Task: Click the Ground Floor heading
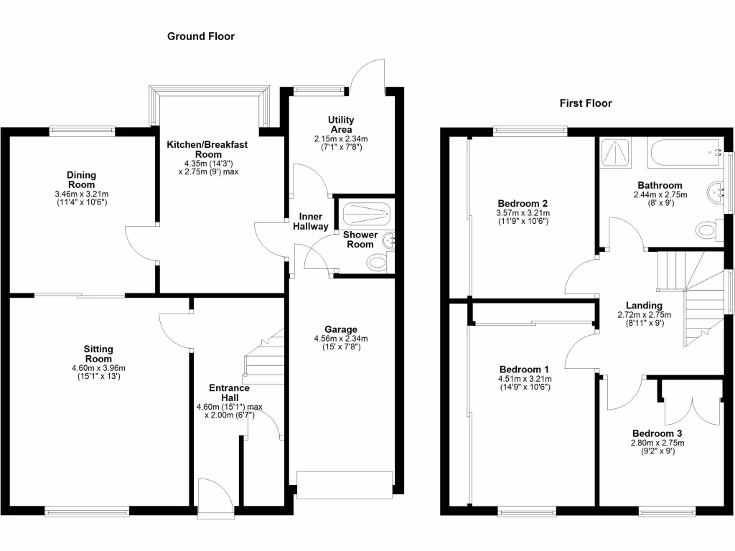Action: [x=201, y=36]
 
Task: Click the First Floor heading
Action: [x=586, y=103]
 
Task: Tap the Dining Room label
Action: [x=81, y=180]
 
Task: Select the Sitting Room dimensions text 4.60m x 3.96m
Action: [x=98, y=368]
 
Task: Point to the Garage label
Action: [x=340, y=330]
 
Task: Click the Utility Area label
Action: [x=341, y=124]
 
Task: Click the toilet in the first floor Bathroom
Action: [x=706, y=230]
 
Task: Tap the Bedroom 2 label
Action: [x=522, y=203]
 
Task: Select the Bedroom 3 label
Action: [x=657, y=433]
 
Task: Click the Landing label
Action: [x=644, y=304]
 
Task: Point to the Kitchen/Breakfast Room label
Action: [x=207, y=149]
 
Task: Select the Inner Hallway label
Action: [x=311, y=221]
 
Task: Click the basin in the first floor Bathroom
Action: [x=716, y=192]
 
